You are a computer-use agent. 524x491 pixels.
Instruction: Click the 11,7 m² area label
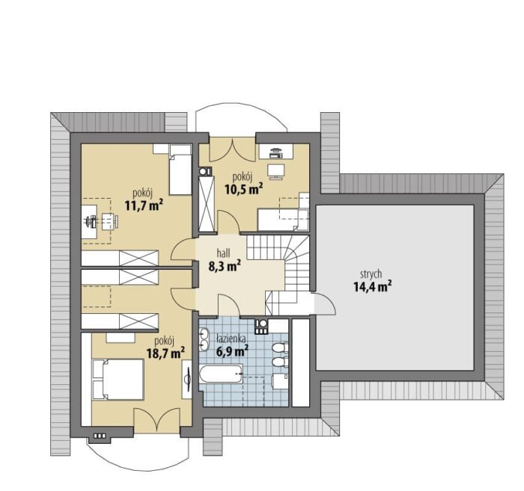coord(144,206)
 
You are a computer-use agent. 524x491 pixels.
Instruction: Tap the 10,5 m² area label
coord(243,189)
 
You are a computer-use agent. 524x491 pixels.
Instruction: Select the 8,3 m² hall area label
coord(225,266)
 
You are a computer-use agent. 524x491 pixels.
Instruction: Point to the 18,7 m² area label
coord(165,353)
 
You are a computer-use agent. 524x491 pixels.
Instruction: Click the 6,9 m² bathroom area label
coord(232,351)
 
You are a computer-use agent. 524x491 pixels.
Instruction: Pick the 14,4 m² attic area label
coord(373,286)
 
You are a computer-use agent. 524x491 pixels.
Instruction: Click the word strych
coord(371,274)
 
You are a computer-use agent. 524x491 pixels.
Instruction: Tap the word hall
coord(224,253)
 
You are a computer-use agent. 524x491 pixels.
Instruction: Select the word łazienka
coord(231,339)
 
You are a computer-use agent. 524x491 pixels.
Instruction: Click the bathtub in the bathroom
coord(222,374)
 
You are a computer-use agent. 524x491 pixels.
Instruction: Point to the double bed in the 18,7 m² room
coord(118,379)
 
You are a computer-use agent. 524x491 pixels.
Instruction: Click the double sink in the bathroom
coord(204,339)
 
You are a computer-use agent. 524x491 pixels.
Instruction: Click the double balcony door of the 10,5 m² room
coord(232,149)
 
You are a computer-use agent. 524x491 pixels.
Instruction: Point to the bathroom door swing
coord(229,305)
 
